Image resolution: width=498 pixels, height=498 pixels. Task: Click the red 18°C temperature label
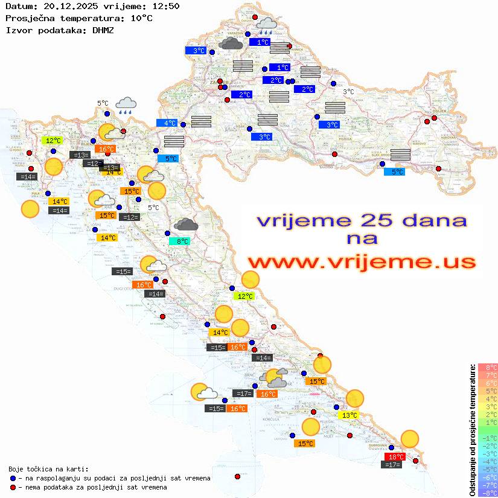click(x=395, y=457)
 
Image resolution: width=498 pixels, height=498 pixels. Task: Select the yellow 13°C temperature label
click(x=349, y=415)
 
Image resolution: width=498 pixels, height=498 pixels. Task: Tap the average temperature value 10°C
click(x=141, y=18)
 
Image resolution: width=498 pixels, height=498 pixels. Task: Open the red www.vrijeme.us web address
click(x=362, y=262)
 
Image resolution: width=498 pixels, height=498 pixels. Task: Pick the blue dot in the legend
click(x=13, y=478)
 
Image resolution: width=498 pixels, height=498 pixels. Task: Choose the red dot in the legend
click(x=13, y=487)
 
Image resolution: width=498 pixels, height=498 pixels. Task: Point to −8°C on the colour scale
click(x=487, y=493)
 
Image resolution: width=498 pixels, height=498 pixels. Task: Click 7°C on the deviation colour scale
click(x=487, y=375)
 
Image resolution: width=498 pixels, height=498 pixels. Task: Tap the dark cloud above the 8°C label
click(x=186, y=225)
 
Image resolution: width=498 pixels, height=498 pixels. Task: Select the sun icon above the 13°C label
click(x=355, y=398)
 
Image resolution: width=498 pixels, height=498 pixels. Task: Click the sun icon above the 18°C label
click(x=410, y=438)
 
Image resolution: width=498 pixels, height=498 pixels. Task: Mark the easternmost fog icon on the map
click(x=400, y=154)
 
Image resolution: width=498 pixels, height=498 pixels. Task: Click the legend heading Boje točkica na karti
click(x=48, y=469)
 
